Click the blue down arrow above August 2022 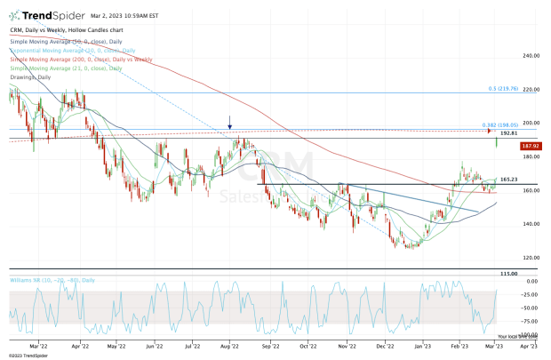click(230, 122)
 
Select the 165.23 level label click(508, 180)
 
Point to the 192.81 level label click(508, 132)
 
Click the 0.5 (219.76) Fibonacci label click(503, 89)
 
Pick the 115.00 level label click(508, 274)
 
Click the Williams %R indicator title click(52, 281)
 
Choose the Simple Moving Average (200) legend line click(76, 60)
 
